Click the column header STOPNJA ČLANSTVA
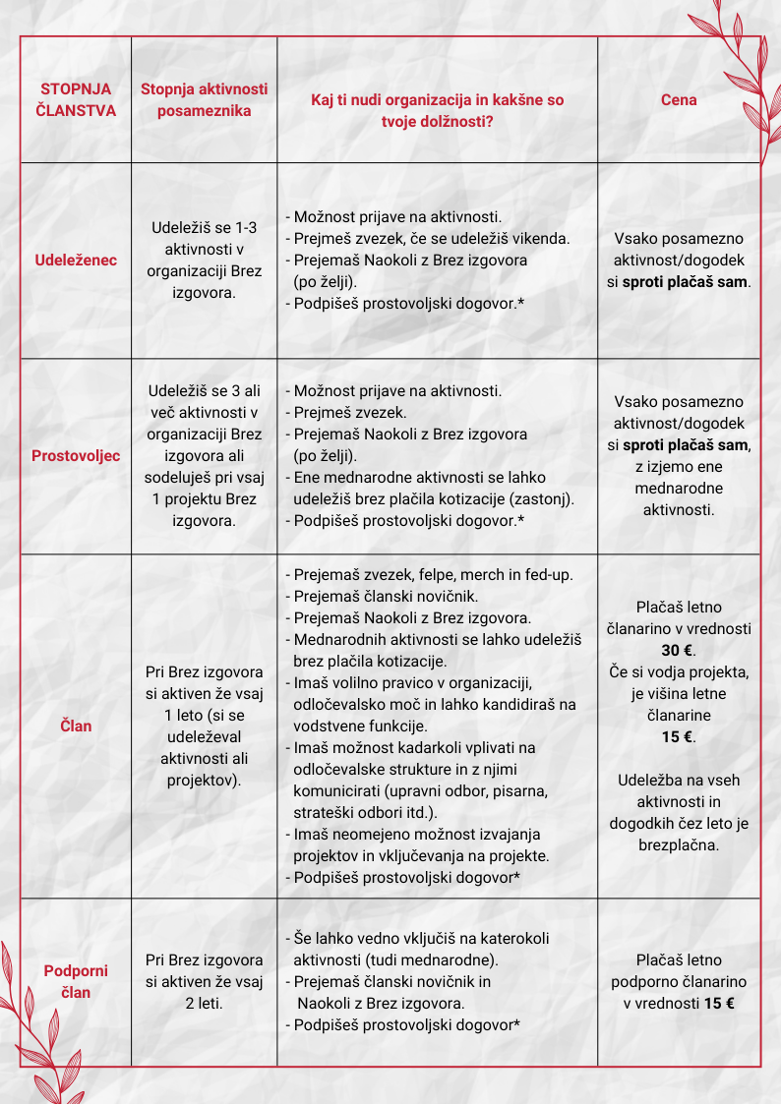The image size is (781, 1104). click(76, 100)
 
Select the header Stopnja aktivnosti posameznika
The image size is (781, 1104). click(204, 100)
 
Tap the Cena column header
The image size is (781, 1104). click(679, 100)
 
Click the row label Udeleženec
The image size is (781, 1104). click(76, 261)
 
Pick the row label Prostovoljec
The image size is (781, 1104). click(76, 456)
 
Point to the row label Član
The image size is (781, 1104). click(76, 726)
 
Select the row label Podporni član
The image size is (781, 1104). click(76, 981)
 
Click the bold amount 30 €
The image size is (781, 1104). click(679, 650)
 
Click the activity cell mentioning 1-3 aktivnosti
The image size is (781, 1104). click(204, 260)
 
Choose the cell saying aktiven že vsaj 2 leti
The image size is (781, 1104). click(204, 981)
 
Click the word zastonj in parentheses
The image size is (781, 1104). click(538, 498)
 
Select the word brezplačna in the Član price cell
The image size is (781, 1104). click(679, 844)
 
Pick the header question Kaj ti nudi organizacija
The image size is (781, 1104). click(437, 100)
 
